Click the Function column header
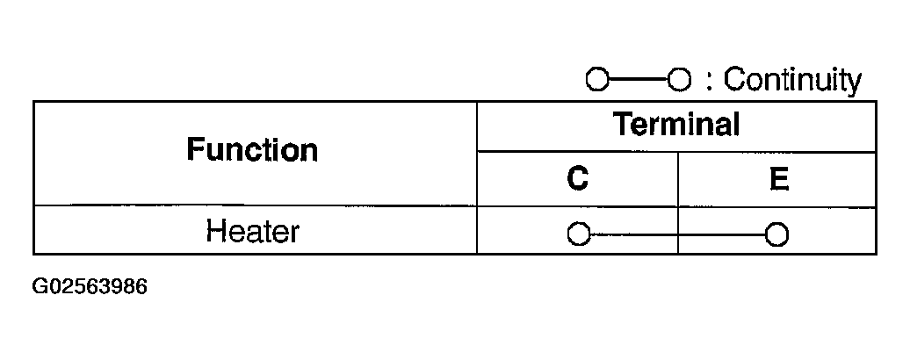[251, 150]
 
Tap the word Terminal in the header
[676, 125]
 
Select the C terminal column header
[577, 179]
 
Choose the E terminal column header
[777, 179]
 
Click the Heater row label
[252, 231]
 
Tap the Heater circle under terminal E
[776, 234]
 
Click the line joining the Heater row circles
[676, 234]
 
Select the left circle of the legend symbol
[596, 81]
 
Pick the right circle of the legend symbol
[677, 81]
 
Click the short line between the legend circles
[637, 81]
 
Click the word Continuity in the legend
[792, 81]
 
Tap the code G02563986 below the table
[89, 287]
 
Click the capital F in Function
[194, 150]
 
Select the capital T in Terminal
[622, 125]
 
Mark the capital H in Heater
[215, 231]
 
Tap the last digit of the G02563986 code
[141, 287]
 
